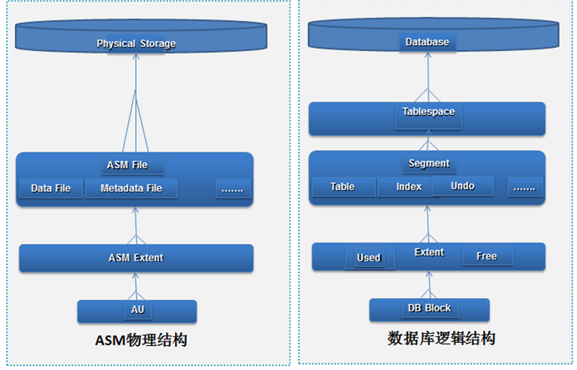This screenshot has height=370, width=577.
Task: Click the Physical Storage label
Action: [x=136, y=44]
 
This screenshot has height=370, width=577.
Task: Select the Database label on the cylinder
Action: [x=427, y=42]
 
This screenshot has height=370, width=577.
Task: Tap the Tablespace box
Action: [x=427, y=113]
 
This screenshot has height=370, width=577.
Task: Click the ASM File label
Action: [x=132, y=165]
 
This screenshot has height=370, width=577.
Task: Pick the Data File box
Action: [x=51, y=188]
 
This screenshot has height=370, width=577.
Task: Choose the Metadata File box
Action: [x=131, y=188]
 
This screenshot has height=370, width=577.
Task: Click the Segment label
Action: [x=429, y=164]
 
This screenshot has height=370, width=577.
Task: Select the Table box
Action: [x=343, y=186]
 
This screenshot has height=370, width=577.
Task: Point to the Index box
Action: [x=409, y=186]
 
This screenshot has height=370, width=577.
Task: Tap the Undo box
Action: [x=463, y=185]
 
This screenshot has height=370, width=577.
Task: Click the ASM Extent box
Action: [x=136, y=257]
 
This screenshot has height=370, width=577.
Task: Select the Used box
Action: [x=369, y=257]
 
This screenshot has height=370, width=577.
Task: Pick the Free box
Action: [x=486, y=256]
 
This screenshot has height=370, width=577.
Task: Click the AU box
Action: [x=136, y=309]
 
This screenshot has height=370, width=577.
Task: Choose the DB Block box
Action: [x=429, y=308]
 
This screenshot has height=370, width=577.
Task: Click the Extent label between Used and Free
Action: [x=429, y=252]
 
